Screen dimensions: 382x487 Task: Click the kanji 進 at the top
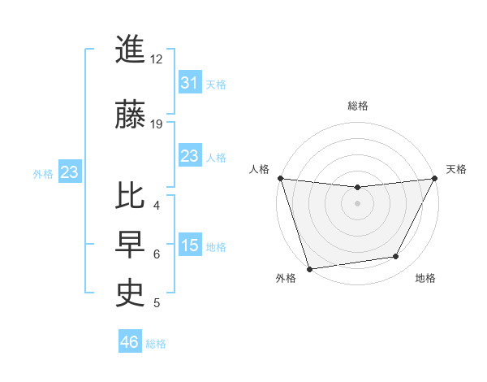click(131, 50)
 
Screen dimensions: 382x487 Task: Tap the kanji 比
click(131, 198)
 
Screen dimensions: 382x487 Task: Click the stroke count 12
click(157, 59)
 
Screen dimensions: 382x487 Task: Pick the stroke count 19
click(157, 124)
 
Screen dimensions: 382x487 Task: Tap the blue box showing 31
click(189, 83)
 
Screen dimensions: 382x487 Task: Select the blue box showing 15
click(189, 245)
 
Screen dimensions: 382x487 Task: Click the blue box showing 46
click(129, 342)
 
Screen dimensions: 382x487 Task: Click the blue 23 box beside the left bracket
click(69, 172)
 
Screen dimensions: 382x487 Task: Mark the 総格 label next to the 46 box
click(156, 344)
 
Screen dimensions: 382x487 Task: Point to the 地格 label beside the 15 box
click(216, 247)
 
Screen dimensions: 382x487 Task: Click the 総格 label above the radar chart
click(357, 106)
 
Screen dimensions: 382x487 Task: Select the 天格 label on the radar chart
click(456, 169)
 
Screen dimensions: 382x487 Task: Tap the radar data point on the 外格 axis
click(309, 268)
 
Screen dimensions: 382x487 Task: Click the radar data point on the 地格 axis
click(396, 257)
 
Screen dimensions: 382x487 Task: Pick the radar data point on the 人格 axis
click(280, 178)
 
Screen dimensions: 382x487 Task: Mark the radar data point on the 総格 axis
click(357, 188)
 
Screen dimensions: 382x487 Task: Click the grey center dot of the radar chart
click(357, 202)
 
